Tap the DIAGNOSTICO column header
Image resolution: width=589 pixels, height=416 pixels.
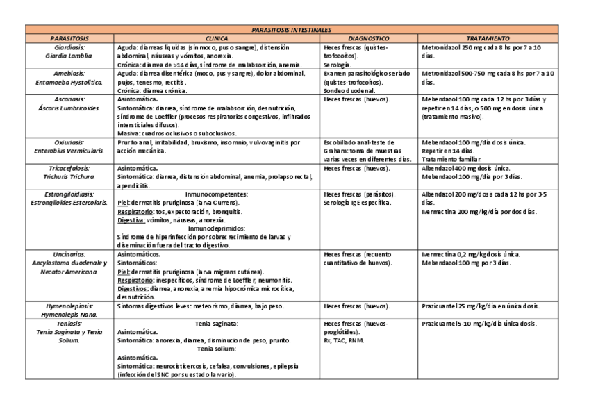click(x=368, y=38)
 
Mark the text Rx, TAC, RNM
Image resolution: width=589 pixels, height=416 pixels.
click(x=345, y=340)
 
